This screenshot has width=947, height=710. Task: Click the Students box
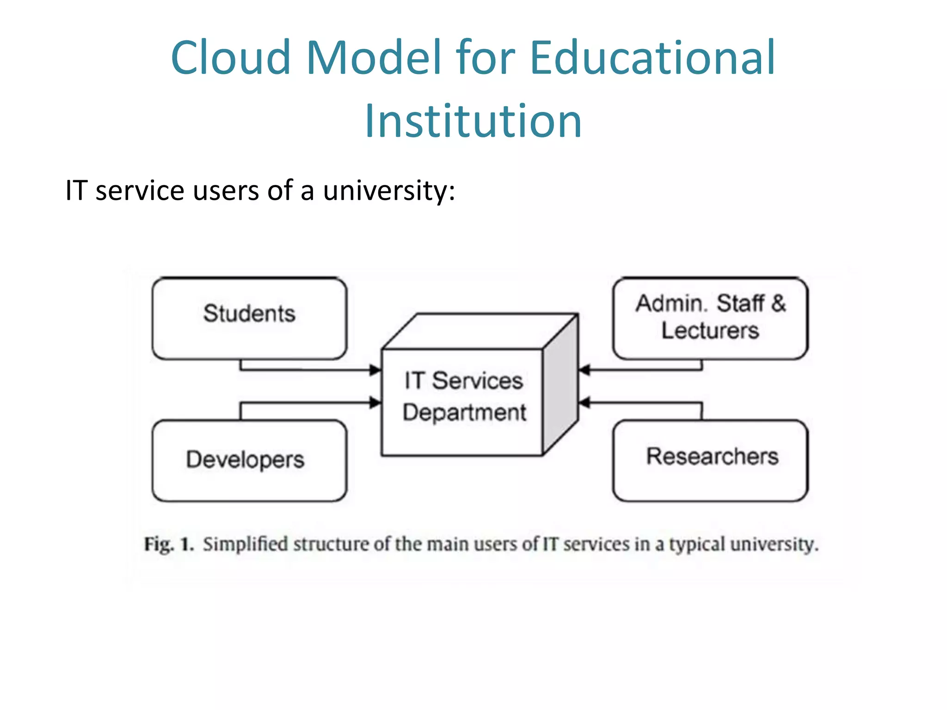pyautogui.click(x=249, y=318)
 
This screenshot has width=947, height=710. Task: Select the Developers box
pyautogui.click(x=249, y=460)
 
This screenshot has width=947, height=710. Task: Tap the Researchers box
pyautogui.click(x=710, y=460)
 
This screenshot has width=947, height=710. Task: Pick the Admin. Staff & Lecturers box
pyautogui.click(x=710, y=318)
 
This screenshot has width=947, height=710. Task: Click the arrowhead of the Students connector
pyautogui.click(x=375, y=370)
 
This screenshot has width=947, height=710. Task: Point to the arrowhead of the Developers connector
pyautogui.click(x=375, y=403)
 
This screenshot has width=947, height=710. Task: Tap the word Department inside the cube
pyautogui.click(x=464, y=412)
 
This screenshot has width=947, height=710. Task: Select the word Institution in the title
pyautogui.click(x=473, y=121)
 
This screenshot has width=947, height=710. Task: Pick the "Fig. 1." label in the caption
pyautogui.click(x=168, y=544)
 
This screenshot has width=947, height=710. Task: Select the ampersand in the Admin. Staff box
pyautogui.click(x=778, y=304)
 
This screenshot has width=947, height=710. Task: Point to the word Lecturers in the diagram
pyautogui.click(x=710, y=331)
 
